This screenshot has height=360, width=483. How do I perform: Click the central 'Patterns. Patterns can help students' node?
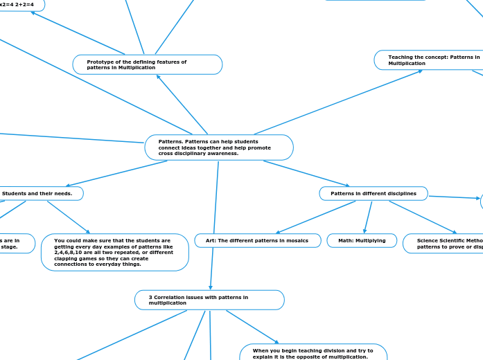pyautogui.click(x=218, y=147)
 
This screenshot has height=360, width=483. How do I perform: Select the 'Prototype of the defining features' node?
pyautogui.click(x=147, y=64)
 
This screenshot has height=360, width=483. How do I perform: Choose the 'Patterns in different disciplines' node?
pyautogui.click(x=374, y=193)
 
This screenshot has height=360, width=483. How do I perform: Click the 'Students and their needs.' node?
pyautogui.click(x=42, y=193)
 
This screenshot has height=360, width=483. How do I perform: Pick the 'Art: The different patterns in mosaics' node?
pyautogui.click(x=258, y=240)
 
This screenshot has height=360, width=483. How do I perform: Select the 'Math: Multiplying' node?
pyautogui.click(x=362, y=240)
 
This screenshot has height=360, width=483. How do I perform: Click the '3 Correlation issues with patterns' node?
pyautogui.click(x=209, y=300)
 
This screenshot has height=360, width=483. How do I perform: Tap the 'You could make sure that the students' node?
pyautogui.click(x=114, y=252)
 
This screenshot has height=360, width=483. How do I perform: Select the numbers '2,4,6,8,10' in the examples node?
pyautogui.click(x=70, y=253)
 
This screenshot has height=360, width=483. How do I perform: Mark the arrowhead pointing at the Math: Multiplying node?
pyautogui.click(x=365, y=232)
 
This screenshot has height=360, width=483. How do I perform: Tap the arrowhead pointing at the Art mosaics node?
pyautogui.click(x=278, y=232)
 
